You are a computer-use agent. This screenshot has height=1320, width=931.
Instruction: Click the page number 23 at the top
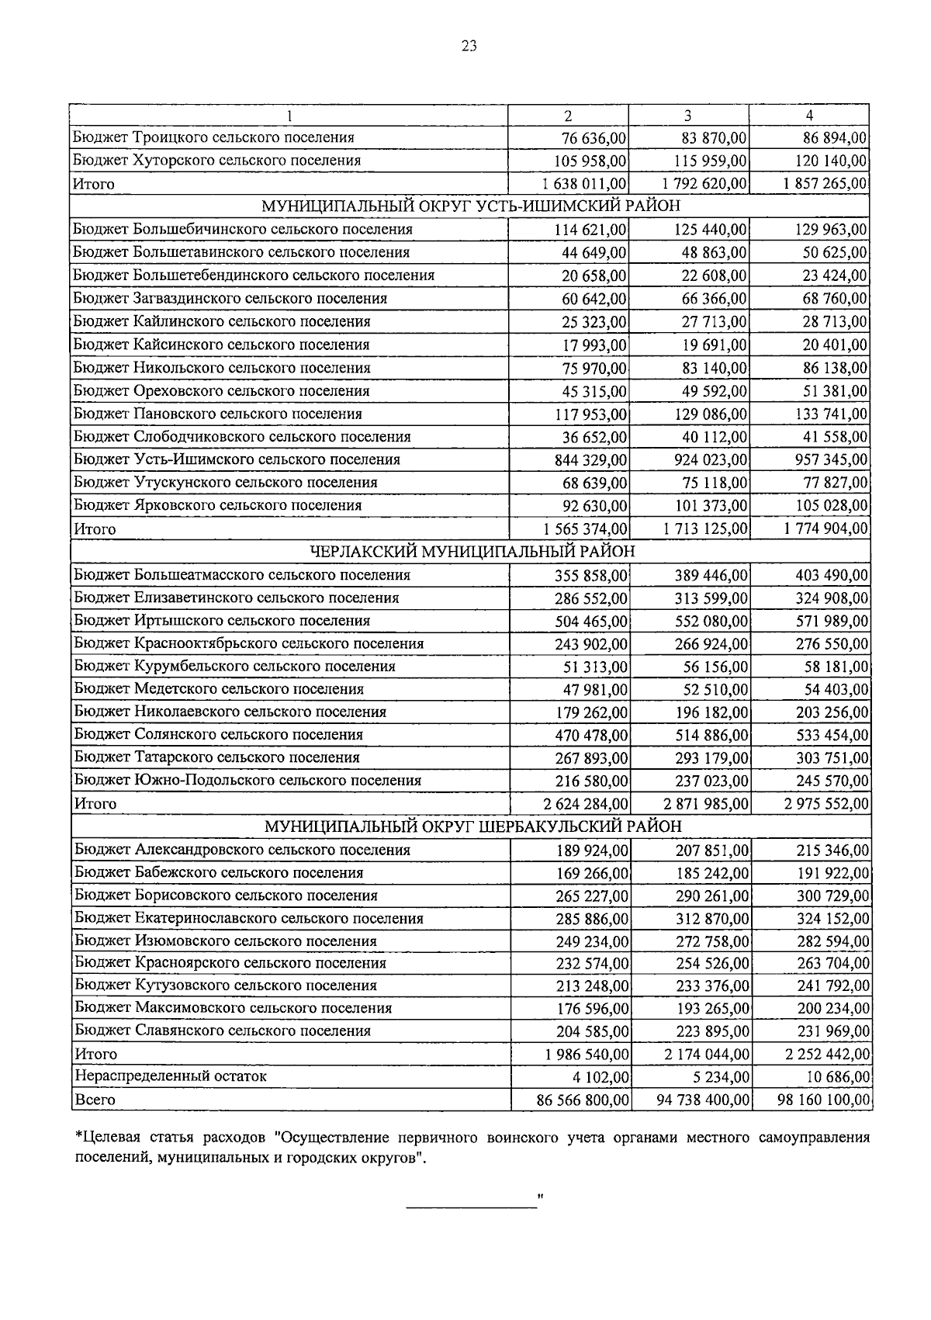point(469,46)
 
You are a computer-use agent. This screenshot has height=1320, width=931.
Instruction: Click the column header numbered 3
point(688,116)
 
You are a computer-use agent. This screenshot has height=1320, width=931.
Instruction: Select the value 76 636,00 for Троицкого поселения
point(594,138)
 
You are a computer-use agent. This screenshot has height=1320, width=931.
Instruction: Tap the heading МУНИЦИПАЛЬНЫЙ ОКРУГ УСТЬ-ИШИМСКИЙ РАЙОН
point(470,206)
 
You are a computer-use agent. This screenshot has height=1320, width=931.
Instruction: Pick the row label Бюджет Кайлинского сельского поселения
point(221,321)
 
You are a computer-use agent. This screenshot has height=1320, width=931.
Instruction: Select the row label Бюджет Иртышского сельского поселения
point(222,621)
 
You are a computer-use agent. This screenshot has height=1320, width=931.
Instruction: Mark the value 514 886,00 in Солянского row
point(711,735)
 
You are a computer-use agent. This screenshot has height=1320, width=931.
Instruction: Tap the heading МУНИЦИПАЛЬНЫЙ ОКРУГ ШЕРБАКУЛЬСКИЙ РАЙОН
point(472,826)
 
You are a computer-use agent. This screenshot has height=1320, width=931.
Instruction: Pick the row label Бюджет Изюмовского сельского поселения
point(226,941)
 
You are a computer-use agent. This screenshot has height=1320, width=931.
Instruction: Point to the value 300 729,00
point(832,896)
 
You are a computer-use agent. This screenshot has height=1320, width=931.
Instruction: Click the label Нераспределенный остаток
point(170,1076)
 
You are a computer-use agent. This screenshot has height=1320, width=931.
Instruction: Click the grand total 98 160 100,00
point(823,1100)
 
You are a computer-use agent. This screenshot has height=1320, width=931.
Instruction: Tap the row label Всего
point(95,1100)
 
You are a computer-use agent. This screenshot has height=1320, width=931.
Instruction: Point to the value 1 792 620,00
point(705,184)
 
